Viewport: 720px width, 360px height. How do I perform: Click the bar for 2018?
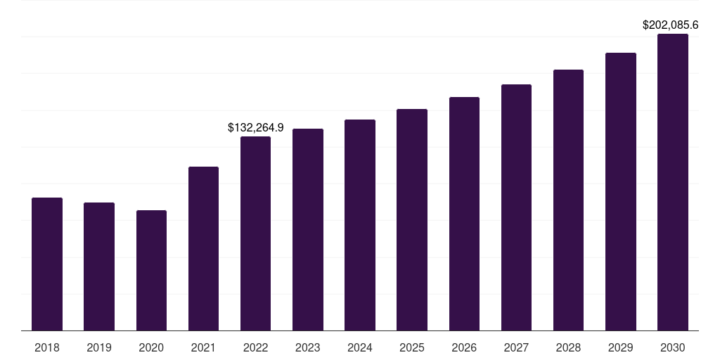coord(47,264)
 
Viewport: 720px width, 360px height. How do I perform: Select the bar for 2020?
coord(151,270)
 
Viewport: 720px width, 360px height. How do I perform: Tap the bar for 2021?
coord(203,248)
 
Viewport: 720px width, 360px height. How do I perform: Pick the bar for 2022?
coord(255,233)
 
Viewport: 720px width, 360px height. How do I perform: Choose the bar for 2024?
coord(360,225)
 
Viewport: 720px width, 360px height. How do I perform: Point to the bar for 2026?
coord(464,214)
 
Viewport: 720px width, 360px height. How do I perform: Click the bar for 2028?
coord(568,200)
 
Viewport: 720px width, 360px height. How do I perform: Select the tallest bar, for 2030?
coord(672,182)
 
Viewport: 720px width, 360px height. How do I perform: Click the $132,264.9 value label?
coord(255,127)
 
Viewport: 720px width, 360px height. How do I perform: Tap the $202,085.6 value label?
coord(670,25)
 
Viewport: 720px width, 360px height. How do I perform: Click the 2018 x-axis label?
coord(47,347)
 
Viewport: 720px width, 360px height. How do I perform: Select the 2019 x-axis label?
coord(99,347)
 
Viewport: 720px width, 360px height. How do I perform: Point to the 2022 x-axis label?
coord(255,347)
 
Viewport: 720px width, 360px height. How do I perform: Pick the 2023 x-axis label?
coord(308,347)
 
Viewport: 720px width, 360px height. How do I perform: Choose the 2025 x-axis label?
coord(412,347)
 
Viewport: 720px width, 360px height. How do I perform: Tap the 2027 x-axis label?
coord(516,347)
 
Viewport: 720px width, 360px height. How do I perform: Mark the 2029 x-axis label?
coord(620,347)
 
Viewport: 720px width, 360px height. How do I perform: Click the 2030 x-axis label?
coord(672,347)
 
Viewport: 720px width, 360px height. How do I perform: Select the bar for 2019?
coord(99,266)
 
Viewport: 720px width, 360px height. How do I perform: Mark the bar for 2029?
coord(620,191)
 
